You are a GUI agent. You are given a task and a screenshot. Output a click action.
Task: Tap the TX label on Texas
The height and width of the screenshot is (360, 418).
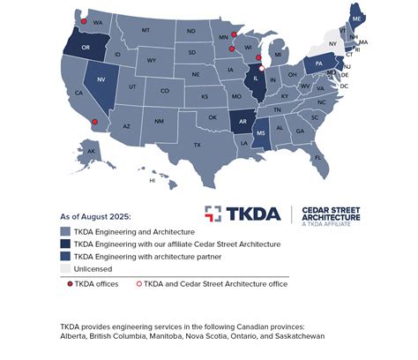coord(197,144)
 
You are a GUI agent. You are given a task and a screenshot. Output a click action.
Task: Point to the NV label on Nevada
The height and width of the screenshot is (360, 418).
coord(101,79)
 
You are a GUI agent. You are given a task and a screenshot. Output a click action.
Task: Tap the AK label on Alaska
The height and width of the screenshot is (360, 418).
coord(91,151)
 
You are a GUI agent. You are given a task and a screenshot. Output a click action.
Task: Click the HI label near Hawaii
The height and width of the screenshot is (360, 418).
coord(152,180)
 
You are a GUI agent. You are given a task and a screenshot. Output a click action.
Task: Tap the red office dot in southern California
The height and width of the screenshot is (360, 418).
coord(93,123)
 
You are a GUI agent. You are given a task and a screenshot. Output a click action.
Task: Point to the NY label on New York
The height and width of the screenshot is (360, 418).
coord(332,43)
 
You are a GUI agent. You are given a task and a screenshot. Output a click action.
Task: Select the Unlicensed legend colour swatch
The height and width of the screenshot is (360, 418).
coord(66,268)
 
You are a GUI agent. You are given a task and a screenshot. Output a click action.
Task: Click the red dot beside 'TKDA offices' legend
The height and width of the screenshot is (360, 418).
coord(70,283)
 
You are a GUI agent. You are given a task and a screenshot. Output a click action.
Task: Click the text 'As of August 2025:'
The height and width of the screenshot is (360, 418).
coord(95,215)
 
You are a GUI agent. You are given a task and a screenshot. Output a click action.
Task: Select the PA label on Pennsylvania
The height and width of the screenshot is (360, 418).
coord(318,64)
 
